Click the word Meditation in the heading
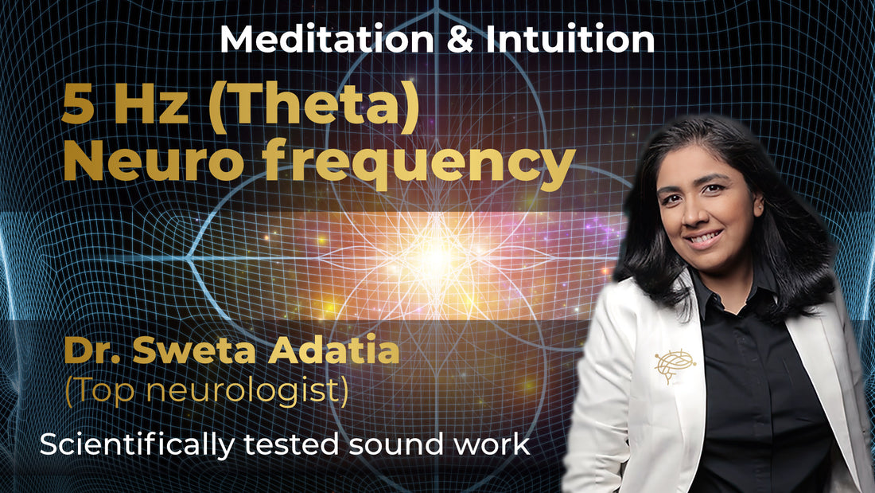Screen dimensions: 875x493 pyautogui.click(x=326, y=40)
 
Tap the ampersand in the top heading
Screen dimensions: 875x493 pyautogui.click(x=459, y=40)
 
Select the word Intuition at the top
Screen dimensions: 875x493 pyautogui.click(x=570, y=40)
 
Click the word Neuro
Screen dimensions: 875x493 pyautogui.click(x=154, y=160)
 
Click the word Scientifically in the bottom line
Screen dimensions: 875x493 pyautogui.click(x=138, y=445)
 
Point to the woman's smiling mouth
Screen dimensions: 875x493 pyautogui.click(x=704, y=239)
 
